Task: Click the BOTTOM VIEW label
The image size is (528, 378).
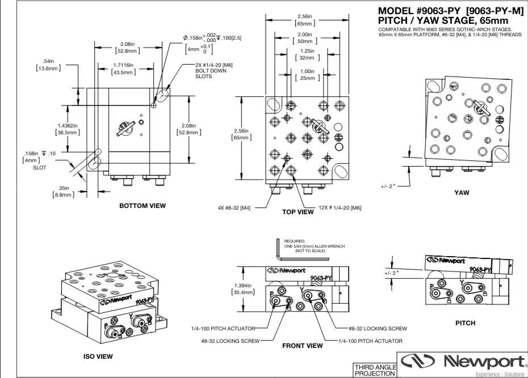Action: point(143,206)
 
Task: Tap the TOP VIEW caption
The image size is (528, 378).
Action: point(297,212)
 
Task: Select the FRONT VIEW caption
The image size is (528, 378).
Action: point(302,344)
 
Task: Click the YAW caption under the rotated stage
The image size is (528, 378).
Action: point(462,192)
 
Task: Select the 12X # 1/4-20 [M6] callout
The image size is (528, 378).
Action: point(336,208)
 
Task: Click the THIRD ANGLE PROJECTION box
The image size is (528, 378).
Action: point(375,369)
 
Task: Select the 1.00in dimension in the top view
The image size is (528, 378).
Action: point(307,74)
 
